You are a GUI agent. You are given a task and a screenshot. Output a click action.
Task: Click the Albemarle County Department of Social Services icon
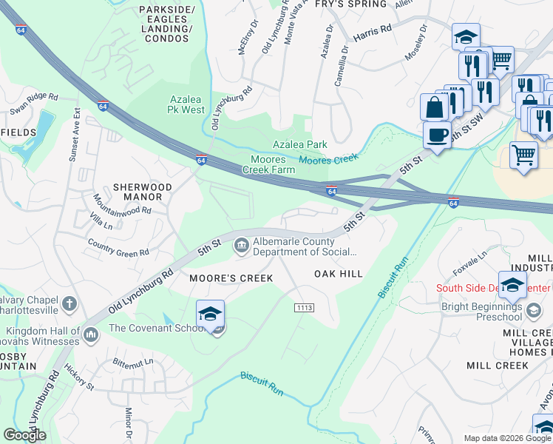242,246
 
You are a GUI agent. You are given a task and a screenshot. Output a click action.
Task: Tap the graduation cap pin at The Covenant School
211,314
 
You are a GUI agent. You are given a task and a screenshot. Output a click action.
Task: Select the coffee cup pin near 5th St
437,135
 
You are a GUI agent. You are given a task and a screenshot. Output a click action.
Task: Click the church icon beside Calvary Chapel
69,303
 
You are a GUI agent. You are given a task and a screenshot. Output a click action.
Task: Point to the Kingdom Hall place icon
91,335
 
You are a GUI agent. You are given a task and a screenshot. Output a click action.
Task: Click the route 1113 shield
304,307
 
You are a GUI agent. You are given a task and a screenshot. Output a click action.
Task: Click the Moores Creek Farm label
273,164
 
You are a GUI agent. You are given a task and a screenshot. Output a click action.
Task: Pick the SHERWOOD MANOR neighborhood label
138,192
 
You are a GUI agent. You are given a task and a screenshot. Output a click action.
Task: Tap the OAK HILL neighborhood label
339,274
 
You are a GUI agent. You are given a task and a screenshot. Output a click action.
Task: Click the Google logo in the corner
25,435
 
